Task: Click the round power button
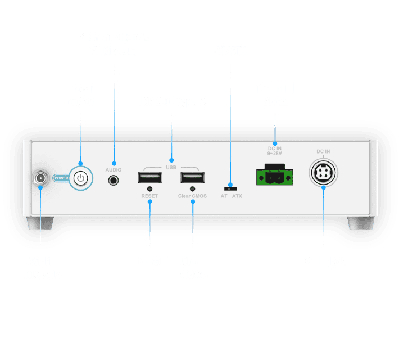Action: point(81,178)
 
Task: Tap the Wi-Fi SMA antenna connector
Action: point(40,178)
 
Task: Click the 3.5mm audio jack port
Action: point(115,180)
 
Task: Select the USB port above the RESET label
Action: point(149,178)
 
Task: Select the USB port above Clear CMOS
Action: point(192,178)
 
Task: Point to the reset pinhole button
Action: point(150,189)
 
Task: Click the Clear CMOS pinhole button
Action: point(193,189)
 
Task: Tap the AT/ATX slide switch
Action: point(230,187)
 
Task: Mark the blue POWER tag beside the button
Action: point(61,178)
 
